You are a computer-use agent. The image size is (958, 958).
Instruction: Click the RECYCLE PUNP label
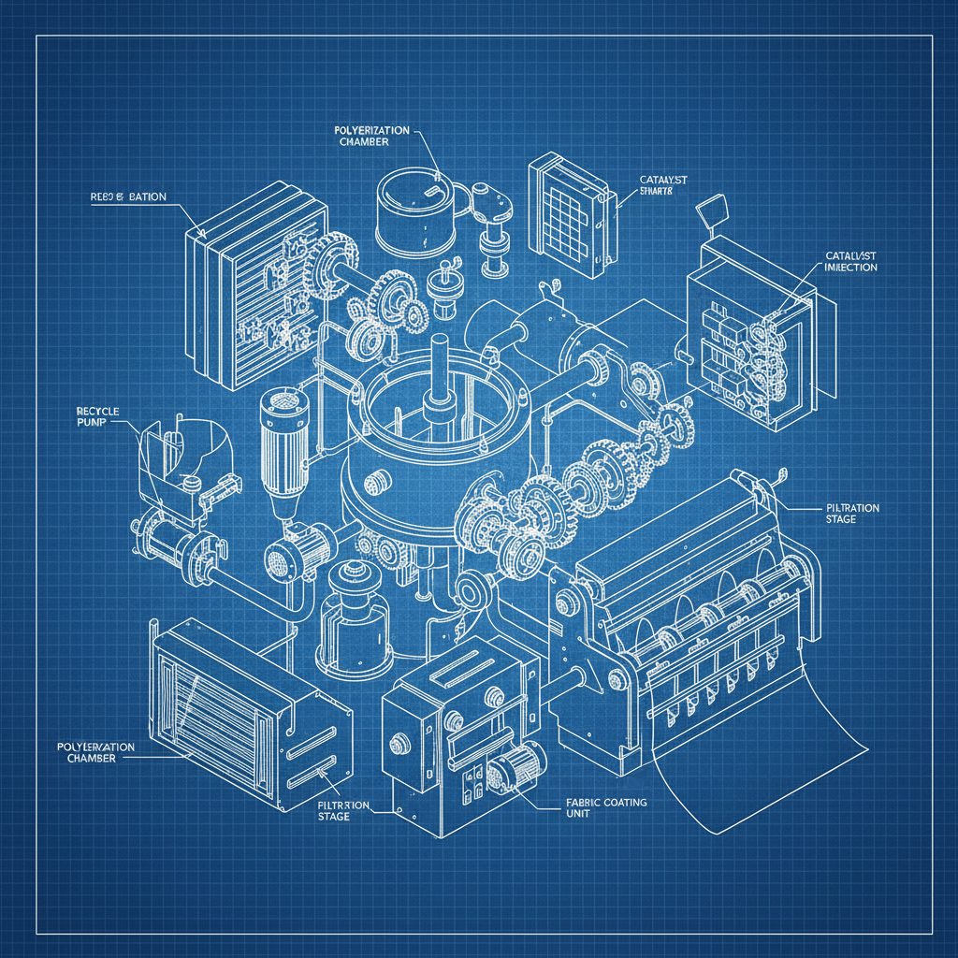(93, 416)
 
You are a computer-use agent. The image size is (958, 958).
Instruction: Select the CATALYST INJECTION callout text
(850, 261)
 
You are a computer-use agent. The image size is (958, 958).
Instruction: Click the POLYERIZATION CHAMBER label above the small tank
(371, 136)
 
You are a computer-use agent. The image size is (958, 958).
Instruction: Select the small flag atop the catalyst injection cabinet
(711, 209)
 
